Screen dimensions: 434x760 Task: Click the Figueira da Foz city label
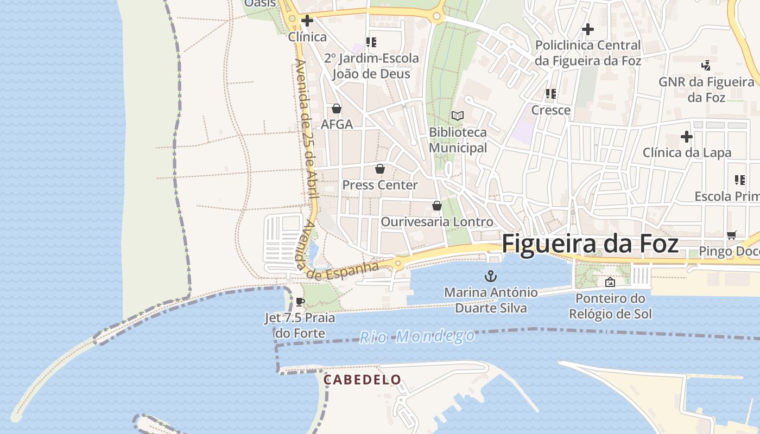(590, 244)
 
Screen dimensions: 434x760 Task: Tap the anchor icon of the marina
(491, 276)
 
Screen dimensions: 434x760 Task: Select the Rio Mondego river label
(417, 337)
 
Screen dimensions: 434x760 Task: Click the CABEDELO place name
(362, 380)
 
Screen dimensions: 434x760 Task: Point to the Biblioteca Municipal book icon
(458, 116)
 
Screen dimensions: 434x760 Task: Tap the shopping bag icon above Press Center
(380, 169)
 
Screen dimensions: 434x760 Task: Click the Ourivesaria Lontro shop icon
(436, 206)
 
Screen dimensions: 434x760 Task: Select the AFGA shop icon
(337, 108)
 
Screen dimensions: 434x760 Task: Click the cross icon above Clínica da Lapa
(686, 137)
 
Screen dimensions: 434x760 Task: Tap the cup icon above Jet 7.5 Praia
(300, 302)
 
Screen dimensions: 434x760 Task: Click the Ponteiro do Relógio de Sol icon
(610, 282)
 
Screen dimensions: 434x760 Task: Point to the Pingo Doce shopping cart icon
(731, 235)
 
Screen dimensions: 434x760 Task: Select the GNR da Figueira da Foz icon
(706, 66)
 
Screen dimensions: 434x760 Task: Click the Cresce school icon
(551, 94)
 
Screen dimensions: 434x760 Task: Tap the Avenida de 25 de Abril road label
(306, 136)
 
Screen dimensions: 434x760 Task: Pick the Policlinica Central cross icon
(587, 29)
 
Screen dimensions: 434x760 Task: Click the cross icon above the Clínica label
(307, 21)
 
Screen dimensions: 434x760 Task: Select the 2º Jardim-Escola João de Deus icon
(371, 42)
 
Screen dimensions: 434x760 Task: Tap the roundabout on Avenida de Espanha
(398, 264)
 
